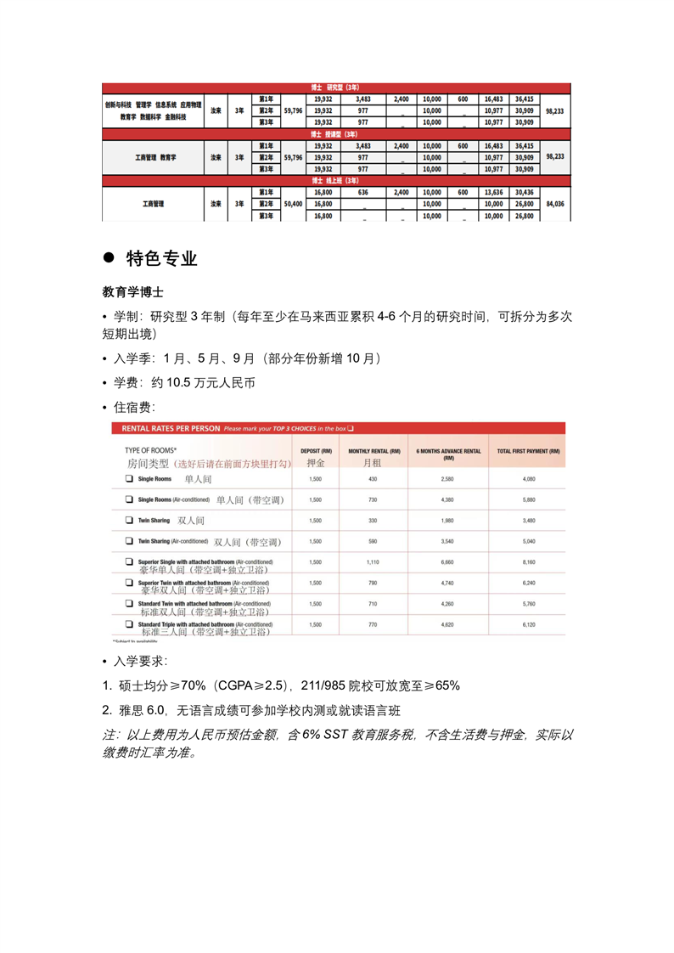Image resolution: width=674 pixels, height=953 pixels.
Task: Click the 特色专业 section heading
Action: coord(161,258)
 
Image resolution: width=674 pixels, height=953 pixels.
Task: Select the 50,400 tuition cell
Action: coord(293,205)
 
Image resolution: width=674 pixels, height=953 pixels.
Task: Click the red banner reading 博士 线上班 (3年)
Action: coord(335,181)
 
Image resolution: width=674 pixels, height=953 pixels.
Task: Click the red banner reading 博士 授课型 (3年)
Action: coord(335,134)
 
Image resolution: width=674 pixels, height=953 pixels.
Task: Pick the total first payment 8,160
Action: coord(528,562)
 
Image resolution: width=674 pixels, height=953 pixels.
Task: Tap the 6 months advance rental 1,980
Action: coord(447,521)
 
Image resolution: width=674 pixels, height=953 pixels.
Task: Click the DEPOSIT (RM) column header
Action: coord(316,451)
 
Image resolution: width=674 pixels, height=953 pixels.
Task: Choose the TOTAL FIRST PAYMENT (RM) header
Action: coord(528,451)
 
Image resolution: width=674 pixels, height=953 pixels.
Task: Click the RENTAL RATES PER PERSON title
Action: coord(171,428)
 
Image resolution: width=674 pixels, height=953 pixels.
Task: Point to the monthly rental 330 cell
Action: coord(373,521)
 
